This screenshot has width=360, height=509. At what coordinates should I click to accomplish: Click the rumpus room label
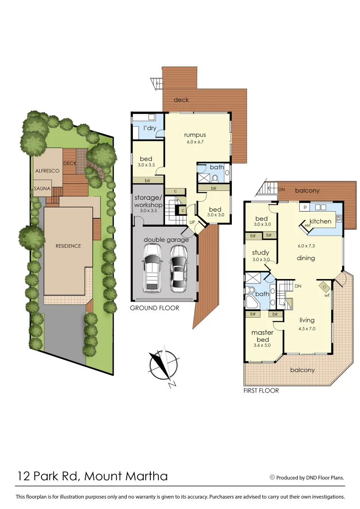pyautogui.click(x=195, y=135)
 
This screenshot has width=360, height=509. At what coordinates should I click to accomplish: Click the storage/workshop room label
pyautogui.click(x=148, y=201)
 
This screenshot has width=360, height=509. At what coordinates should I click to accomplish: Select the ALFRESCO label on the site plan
pyautogui.click(x=47, y=171)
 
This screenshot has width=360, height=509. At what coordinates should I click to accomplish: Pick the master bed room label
pyautogui.click(x=262, y=336)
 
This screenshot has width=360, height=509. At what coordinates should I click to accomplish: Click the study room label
pyautogui.click(x=260, y=252)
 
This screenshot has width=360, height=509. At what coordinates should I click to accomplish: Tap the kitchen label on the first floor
pyautogui.click(x=320, y=221)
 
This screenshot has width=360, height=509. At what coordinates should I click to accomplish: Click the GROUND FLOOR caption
pyautogui.click(x=155, y=308)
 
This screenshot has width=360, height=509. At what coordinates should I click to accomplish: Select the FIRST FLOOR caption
pyautogui.click(x=261, y=391)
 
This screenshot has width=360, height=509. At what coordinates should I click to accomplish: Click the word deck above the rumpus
pyautogui.click(x=181, y=99)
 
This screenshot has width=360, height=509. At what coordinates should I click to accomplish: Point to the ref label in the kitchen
pyautogui.click(x=307, y=225)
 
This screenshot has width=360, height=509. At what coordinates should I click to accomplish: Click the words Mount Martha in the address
pyautogui.click(x=125, y=476)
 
